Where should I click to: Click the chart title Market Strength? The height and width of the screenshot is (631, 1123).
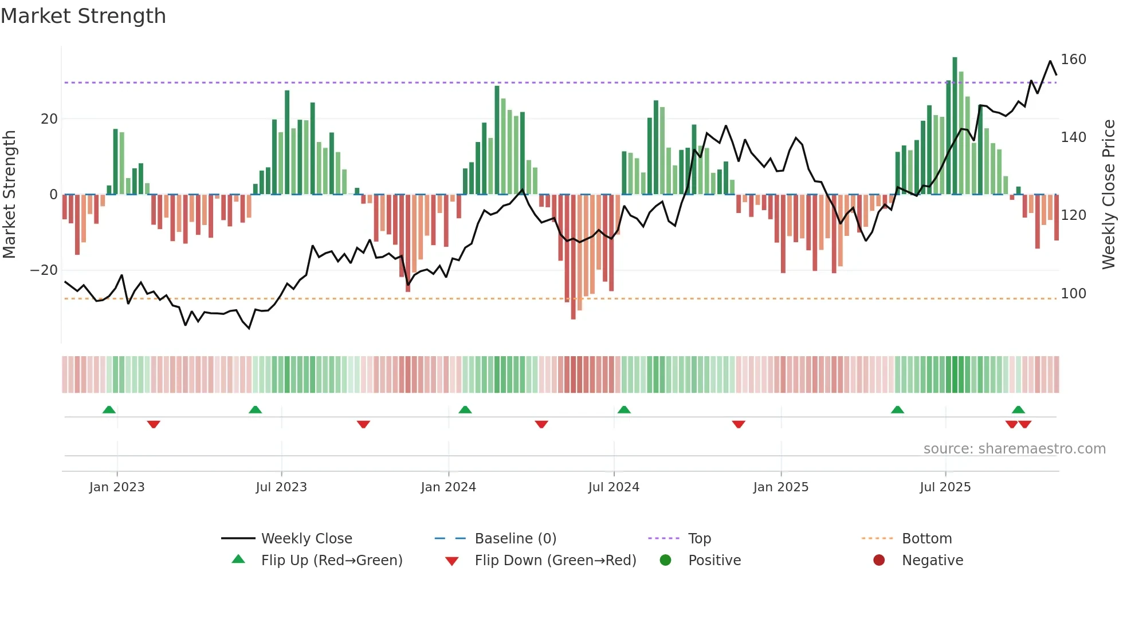[83, 16]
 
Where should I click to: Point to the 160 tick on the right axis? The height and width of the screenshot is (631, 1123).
[1073, 60]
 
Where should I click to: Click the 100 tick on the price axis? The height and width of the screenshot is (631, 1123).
[1073, 294]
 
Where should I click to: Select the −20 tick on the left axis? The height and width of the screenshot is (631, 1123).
[44, 270]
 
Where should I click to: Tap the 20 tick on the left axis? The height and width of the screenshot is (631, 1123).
[49, 119]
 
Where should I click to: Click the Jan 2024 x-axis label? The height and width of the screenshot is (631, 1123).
[448, 487]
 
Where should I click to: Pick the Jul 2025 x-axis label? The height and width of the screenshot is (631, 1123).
[945, 487]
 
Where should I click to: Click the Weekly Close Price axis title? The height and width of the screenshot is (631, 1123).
[1108, 195]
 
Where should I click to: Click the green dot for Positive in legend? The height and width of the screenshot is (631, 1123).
[665, 561]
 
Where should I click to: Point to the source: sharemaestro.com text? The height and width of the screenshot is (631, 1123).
[1014, 449]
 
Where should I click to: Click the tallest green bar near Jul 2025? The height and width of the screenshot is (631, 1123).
[955, 126]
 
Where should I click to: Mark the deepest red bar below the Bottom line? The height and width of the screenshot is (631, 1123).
[573, 258]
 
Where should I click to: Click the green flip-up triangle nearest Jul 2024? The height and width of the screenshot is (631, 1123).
[624, 409]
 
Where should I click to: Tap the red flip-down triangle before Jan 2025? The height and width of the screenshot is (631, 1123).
[738, 424]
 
